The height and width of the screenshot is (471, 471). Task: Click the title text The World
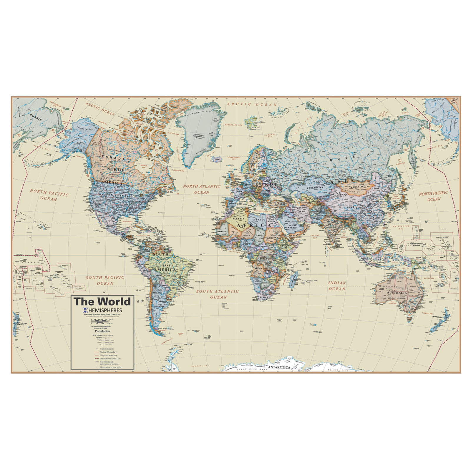tap(102, 302)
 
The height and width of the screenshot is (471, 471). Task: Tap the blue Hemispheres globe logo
tap(85, 310)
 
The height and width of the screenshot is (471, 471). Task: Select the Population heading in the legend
tap(102, 331)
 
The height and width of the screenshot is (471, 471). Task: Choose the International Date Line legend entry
tap(110, 359)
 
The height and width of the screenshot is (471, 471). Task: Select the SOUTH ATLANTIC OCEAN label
tap(218, 294)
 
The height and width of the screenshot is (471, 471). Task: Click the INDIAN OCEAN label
tap(337, 286)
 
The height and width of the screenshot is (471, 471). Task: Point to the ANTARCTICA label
tap(279, 367)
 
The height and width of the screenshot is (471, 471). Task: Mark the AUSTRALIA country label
tap(397, 293)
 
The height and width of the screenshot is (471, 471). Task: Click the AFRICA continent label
tap(254, 225)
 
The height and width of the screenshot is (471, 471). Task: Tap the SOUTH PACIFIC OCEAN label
tap(105, 281)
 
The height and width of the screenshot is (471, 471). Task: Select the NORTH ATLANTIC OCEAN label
tap(202, 189)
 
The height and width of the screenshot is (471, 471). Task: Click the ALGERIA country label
tap(238, 219)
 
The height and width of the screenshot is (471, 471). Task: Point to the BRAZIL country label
tap(168, 265)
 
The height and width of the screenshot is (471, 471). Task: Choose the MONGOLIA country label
tap(357, 187)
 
